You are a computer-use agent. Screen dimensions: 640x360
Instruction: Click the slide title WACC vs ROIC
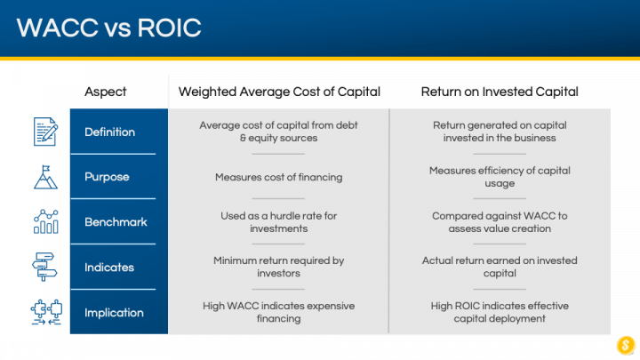(x=109, y=28)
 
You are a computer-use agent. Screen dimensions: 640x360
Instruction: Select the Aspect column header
(x=105, y=92)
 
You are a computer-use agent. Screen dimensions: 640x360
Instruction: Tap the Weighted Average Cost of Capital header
(x=279, y=92)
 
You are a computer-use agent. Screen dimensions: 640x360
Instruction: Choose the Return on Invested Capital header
(x=500, y=92)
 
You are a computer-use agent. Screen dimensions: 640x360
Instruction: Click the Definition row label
(x=110, y=132)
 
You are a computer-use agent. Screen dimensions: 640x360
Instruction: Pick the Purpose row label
(x=107, y=177)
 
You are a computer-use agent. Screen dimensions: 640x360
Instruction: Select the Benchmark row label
(x=116, y=222)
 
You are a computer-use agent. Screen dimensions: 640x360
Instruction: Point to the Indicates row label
(x=109, y=268)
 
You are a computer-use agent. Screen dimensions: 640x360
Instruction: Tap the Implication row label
(x=115, y=313)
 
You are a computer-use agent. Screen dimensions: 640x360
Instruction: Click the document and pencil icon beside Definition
(x=45, y=132)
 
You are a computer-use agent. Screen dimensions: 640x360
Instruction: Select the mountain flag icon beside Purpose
(x=45, y=177)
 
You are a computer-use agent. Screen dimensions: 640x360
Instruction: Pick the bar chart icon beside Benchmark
(x=45, y=221)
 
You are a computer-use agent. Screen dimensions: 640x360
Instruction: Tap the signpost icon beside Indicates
(x=44, y=267)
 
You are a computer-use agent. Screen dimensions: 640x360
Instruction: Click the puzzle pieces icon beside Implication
(x=46, y=312)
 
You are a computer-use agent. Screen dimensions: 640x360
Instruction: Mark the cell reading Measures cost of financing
(x=279, y=177)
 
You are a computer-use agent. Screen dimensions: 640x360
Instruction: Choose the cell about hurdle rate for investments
(x=279, y=222)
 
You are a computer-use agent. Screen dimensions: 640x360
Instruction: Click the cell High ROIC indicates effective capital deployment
(x=500, y=312)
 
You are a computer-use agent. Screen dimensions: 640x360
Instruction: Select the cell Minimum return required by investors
(x=279, y=267)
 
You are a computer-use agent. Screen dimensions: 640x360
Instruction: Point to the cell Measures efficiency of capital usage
(x=500, y=177)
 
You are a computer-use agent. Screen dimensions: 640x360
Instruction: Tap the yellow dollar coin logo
(x=626, y=345)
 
